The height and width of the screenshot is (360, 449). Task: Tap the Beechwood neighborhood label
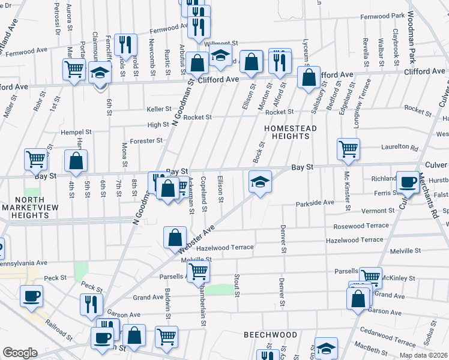270,334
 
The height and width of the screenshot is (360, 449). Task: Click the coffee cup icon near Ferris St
408,181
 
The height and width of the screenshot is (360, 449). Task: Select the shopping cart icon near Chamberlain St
198,271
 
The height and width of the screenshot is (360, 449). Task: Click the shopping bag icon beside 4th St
76,161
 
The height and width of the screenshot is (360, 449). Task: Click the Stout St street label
237,286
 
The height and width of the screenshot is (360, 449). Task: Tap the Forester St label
147,140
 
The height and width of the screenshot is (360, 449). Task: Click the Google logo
20,353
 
